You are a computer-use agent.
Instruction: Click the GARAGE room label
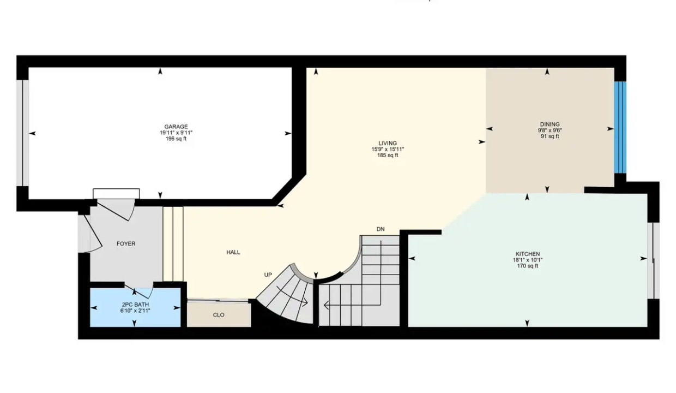coord(176,127)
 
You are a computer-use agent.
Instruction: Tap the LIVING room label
coord(388,143)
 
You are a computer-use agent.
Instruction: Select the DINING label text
coord(550,124)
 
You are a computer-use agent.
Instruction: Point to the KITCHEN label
coord(528,254)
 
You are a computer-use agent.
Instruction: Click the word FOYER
coord(126,244)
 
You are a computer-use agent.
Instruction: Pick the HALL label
coord(233,252)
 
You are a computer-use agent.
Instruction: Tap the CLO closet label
coord(219,315)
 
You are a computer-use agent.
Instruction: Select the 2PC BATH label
coord(135,305)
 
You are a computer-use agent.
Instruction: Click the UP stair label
coord(268,275)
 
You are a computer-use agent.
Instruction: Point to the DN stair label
coord(381,229)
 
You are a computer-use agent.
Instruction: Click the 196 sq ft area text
coord(176,139)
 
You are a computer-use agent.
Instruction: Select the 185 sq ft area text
coord(388,155)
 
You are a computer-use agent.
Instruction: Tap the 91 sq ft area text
coord(550,136)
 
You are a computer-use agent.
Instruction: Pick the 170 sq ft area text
coord(528,266)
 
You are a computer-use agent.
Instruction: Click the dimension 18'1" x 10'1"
coord(528,260)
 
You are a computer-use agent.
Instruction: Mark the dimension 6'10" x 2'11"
coord(135,311)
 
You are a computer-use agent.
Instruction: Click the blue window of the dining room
coord(620,127)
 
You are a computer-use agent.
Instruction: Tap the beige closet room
coord(219,315)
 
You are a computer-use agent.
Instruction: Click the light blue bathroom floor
coord(135,317)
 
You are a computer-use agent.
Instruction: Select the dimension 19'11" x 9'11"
coord(176,133)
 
